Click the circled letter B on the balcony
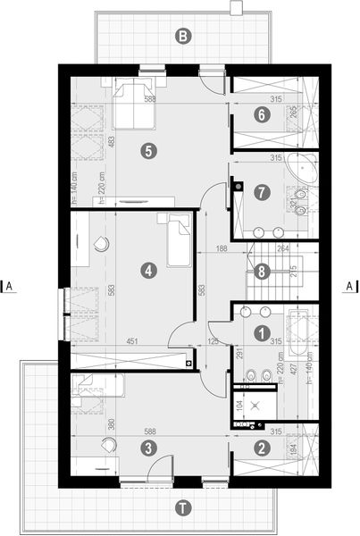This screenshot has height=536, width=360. (182, 37)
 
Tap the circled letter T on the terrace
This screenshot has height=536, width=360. (182, 508)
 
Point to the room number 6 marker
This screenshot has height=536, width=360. (260, 114)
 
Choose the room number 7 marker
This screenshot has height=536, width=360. (260, 192)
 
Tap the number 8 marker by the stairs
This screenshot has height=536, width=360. (260, 272)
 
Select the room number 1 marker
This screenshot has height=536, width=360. (260, 333)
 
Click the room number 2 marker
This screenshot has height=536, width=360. (260, 448)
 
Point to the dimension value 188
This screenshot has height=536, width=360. (222, 251)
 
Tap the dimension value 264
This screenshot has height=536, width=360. (282, 251)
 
